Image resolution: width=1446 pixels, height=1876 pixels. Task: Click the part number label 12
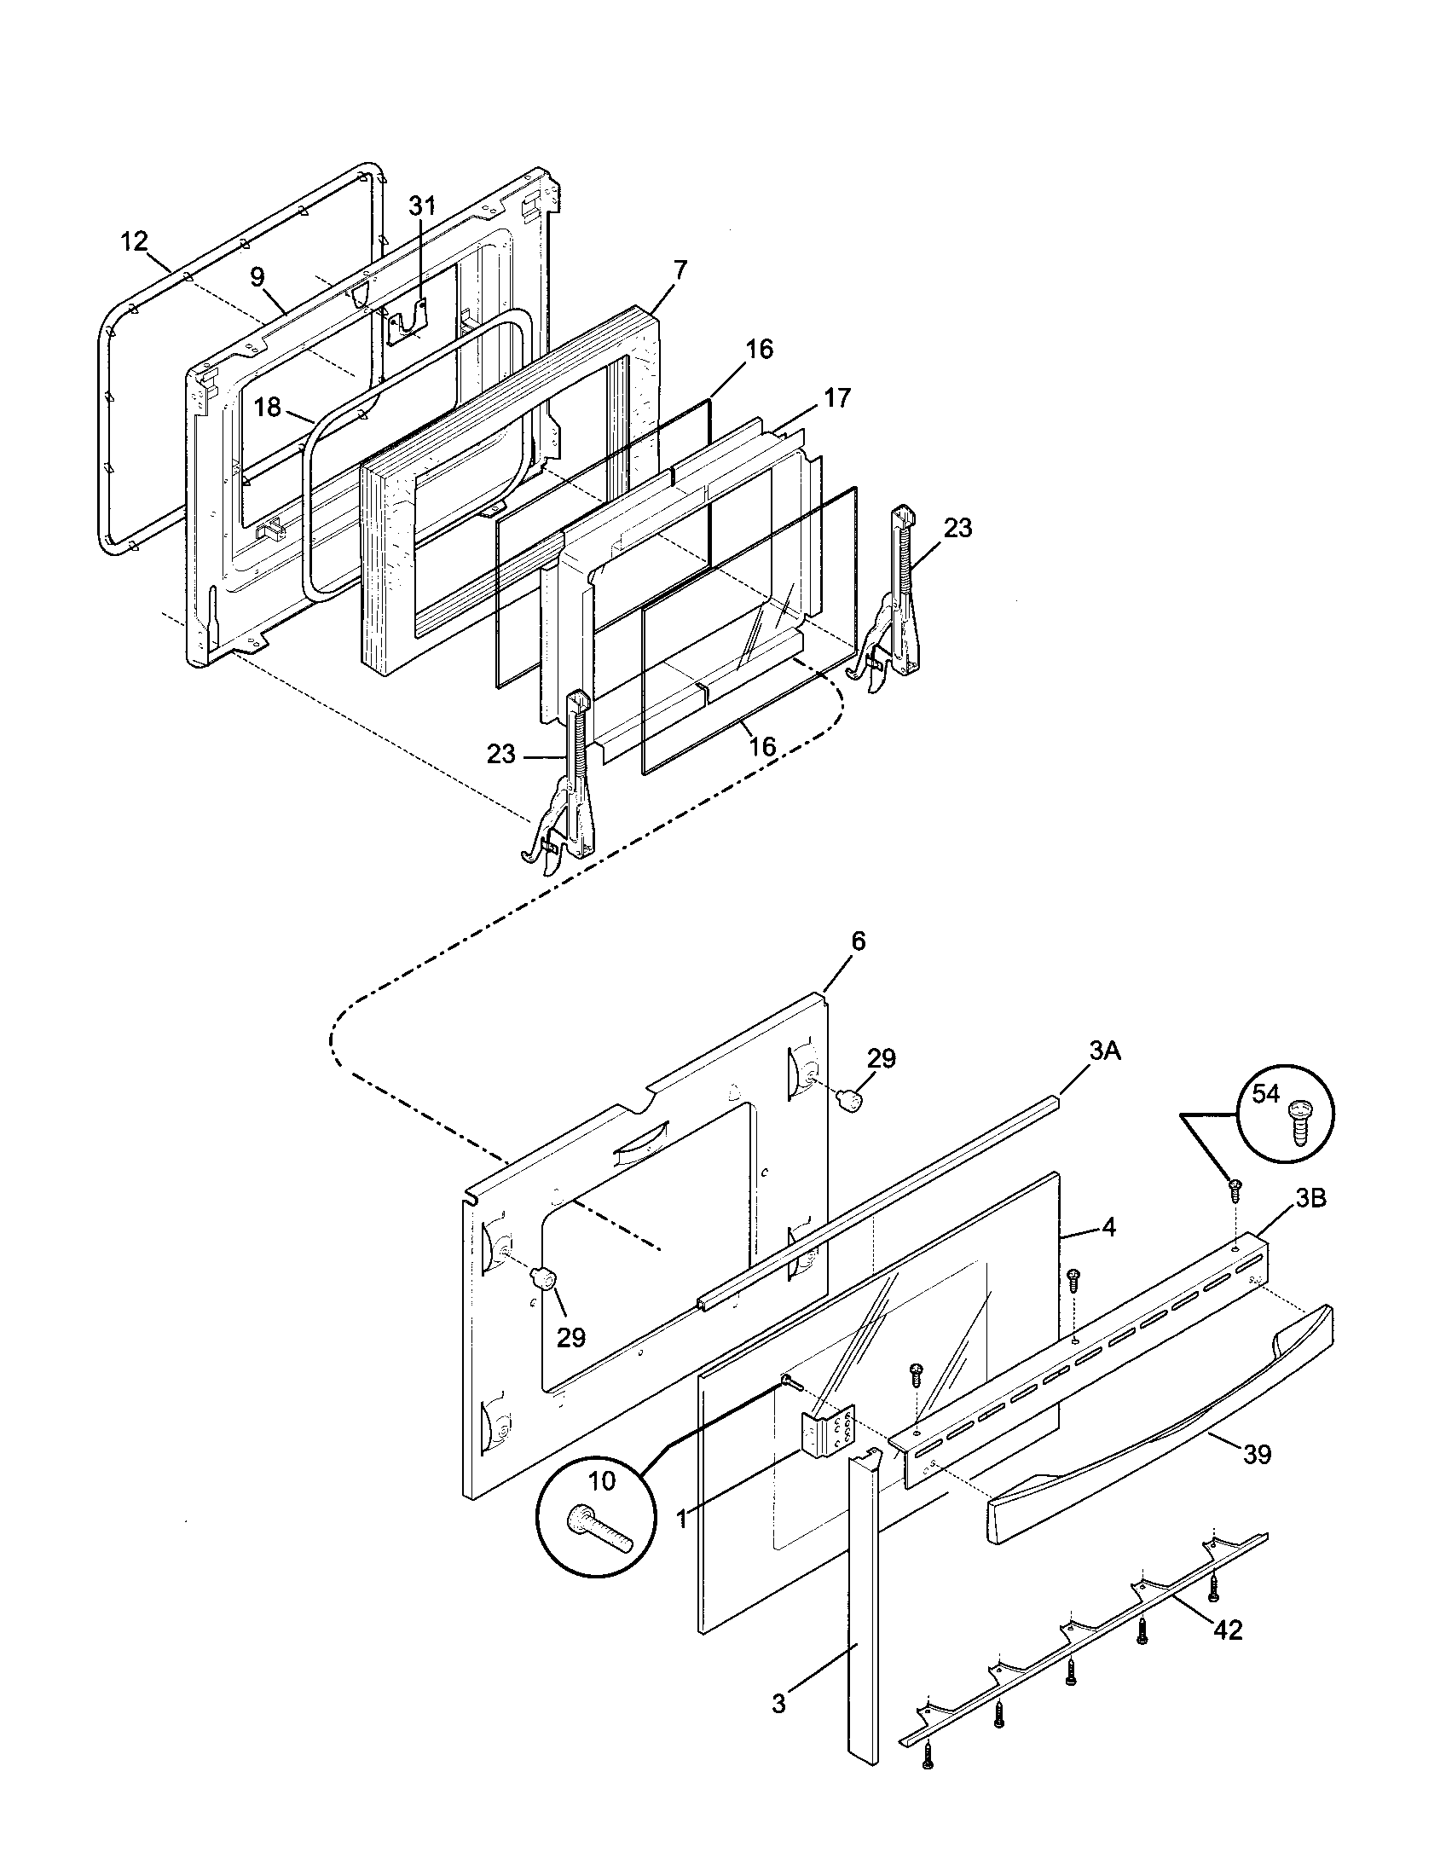tap(134, 241)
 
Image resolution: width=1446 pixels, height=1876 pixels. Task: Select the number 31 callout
tap(421, 206)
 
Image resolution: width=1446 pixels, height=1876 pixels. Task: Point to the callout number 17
tap(837, 397)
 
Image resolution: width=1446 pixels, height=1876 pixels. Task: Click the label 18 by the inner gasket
tap(268, 407)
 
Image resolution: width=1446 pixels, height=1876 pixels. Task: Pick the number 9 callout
tap(257, 275)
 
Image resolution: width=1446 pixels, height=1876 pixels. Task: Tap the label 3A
tap(1105, 1051)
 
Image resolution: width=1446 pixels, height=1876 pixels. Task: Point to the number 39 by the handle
tap(1257, 1455)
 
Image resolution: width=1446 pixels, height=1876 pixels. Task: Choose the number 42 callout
tap(1229, 1630)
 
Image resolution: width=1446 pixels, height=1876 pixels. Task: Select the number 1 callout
tap(682, 1519)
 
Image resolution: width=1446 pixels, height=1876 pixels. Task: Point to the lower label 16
tap(761, 746)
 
